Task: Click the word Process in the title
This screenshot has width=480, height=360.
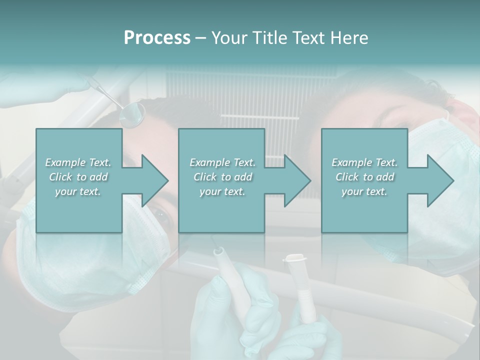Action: click(x=157, y=38)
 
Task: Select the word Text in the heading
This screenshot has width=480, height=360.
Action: click(x=307, y=38)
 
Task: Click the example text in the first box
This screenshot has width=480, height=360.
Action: click(x=78, y=177)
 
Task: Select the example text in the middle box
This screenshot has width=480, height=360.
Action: click(x=222, y=177)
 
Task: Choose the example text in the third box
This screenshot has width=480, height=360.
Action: click(x=364, y=177)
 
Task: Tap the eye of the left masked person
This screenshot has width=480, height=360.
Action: click(x=162, y=215)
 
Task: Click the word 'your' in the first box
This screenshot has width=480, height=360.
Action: click(x=65, y=191)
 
